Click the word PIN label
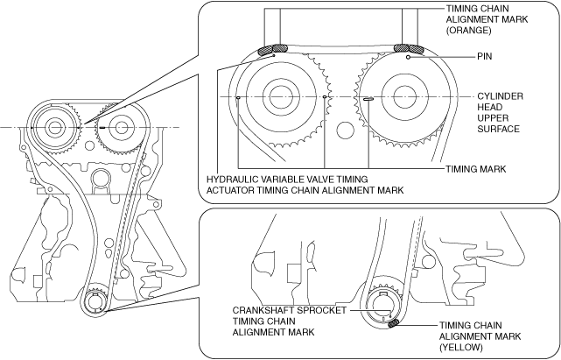pyautogui.click(x=485, y=57)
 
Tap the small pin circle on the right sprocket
pyautogui.click(x=408, y=57)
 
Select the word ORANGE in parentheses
pyautogui.click(x=468, y=30)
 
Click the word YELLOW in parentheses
pyautogui.click(x=461, y=348)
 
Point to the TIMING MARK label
pyautogui.click(x=476, y=169)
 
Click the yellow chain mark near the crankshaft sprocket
pyautogui.click(x=393, y=324)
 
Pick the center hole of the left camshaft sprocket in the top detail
pyautogui.click(x=281, y=96)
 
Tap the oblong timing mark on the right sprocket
pyautogui.click(x=368, y=99)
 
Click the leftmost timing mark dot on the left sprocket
pyautogui.click(x=238, y=97)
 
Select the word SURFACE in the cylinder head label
pyautogui.click(x=498, y=129)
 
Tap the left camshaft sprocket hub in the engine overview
pyautogui.click(x=54, y=128)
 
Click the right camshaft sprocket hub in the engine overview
pyautogui.click(x=121, y=128)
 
